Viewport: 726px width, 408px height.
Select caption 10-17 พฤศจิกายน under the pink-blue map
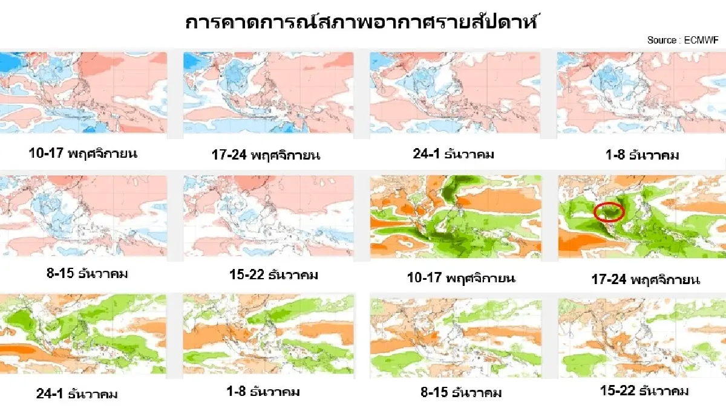point(83,154)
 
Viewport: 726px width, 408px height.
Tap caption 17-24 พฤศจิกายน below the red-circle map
point(646,280)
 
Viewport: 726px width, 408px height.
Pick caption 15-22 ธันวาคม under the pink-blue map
point(266,275)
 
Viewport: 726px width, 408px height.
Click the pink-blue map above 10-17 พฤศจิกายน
point(83,92)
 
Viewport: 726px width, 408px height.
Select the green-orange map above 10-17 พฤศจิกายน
point(457,216)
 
